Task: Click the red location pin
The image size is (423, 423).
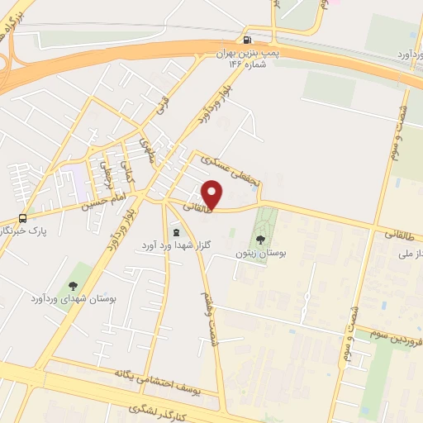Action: [213, 194]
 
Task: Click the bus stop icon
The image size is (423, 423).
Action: [22, 219]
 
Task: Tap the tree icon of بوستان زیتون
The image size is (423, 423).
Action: [261, 240]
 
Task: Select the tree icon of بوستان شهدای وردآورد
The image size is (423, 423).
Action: [73, 286]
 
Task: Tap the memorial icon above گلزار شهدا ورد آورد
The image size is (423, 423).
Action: [175, 233]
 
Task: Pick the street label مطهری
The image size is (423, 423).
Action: [148, 151]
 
